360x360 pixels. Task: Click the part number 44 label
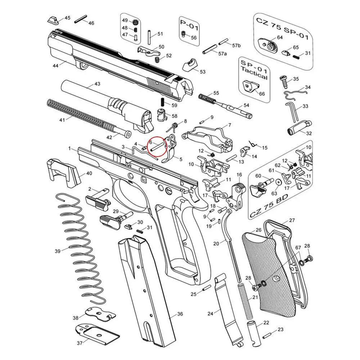click(55, 66)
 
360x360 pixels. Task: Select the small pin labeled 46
click(82, 21)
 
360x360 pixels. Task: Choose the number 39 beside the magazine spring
click(58, 251)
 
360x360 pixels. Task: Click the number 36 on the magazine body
click(180, 314)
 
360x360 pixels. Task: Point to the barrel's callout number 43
click(97, 84)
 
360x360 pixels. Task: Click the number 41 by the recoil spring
click(62, 120)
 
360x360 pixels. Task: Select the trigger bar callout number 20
click(216, 244)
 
